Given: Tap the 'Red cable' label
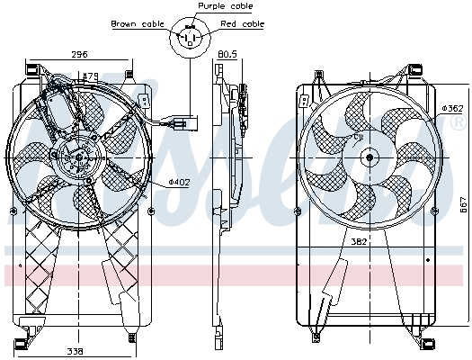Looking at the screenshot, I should (x=245, y=23).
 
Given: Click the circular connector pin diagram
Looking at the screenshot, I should (x=189, y=37).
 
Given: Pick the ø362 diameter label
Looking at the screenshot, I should (x=452, y=108).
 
